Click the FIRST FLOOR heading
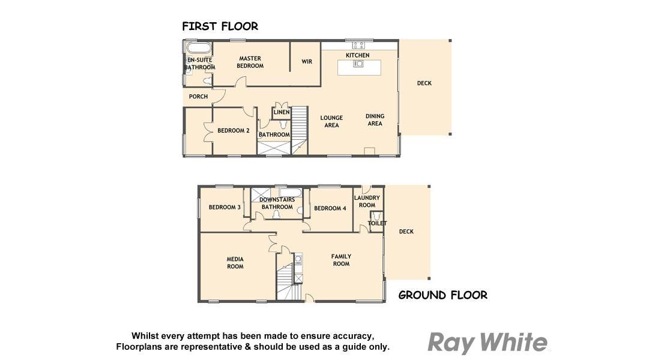pyautogui.click(x=220, y=26)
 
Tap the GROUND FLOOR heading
pyautogui.click(x=443, y=295)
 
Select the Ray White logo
pyautogui.click(x=488, y=342)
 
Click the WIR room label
pyautogui.click(x=307, y=62)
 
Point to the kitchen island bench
pyautogui.click(x=359, y=67)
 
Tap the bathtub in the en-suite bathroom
pyautogui.click(x=199, y=47)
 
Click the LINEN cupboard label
pyautogui.click(x=282, y=112)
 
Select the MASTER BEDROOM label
pyautogui.click(x=250, y=62)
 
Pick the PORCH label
pyautogui.click(x=198, y=97)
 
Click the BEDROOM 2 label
pyautogui.click(x=234, y=130)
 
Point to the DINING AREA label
pyautogui.click(x=375, y=119)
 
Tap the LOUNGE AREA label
pyautogui.click(x=331, y=121)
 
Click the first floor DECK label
pyautogui.click(x=424, y=83)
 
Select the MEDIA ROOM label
pyautogui.click(x=235, y=263)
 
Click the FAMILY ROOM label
pyautogui.click(x=341, y=260)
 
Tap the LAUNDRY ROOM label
pyautogui.click(x=367, y=202)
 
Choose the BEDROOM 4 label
pyautogui.click(x=330, y=208)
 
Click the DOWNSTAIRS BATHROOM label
pyautogui.click(x=277, y=203)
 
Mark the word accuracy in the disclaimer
pyautogui.click(x=355, y=336)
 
